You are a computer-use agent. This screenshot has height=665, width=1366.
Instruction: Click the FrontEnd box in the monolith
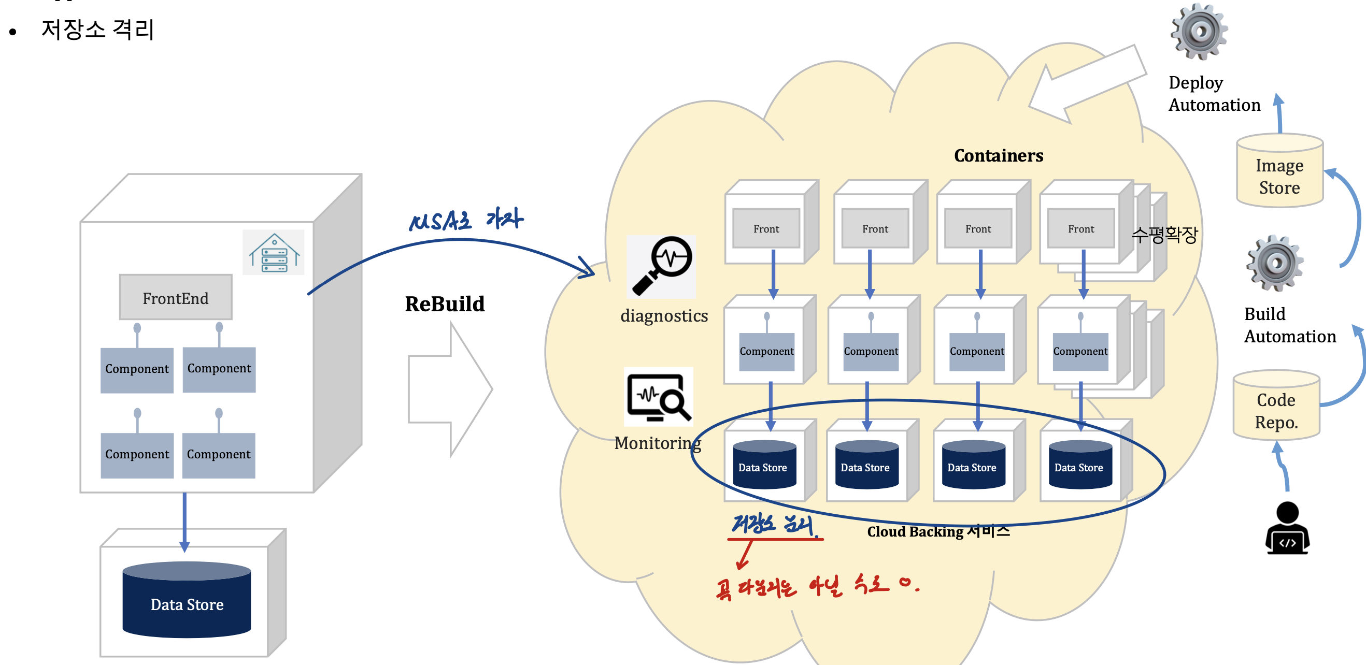point(176,298)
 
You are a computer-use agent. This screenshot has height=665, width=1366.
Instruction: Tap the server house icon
point(274,253)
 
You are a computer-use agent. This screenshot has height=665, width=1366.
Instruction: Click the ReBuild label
point(445,304)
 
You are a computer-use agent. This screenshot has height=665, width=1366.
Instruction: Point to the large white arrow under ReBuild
point(450,389)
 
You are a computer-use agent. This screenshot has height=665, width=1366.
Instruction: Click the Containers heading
point(998,156)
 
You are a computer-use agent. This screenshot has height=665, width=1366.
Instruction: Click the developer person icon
point(1287,528)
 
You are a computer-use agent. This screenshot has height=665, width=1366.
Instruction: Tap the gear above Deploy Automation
point(1199,32)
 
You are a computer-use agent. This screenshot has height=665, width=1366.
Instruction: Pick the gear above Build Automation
point(1275,263)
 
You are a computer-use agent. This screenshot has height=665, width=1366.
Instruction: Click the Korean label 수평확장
point(1164,234)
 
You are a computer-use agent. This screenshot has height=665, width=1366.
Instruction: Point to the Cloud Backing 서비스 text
point(938,531)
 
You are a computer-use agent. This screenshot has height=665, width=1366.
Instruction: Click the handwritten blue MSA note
point(465,220)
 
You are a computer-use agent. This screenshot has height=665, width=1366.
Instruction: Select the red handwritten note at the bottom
point(817,587)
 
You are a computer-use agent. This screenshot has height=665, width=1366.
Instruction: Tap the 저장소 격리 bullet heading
point(97,29)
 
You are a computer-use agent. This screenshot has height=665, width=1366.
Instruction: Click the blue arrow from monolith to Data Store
point(184,522)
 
